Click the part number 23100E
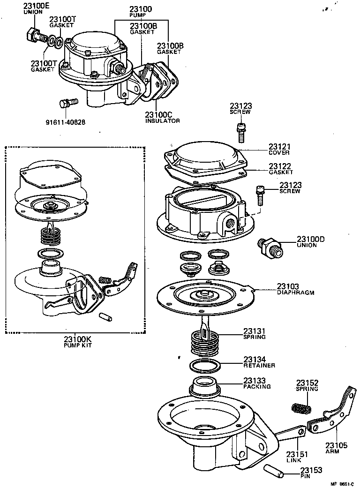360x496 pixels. tap(37, 6)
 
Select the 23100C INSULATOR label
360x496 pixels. tap(162, 117)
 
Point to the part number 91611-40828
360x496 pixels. tap(65, 122)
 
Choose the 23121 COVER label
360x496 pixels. tap(279, 150)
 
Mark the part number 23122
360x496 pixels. tap(280, 166)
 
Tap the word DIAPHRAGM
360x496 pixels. tap(295, 293)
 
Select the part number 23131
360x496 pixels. tap(254, 331)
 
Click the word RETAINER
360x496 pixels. tap(259, 365)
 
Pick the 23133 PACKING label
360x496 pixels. tap(257, 383)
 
